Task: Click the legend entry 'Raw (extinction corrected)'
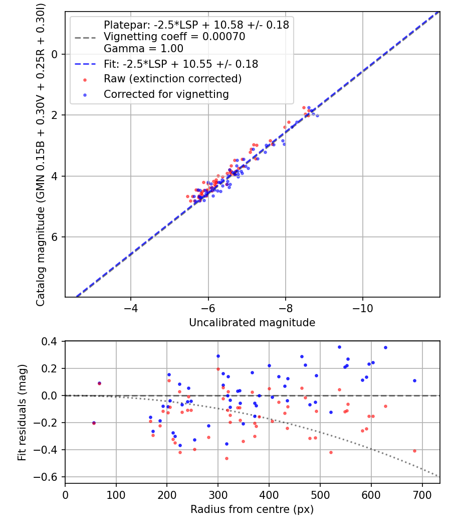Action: [172, 79]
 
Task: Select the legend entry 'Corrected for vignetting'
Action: [166, 94]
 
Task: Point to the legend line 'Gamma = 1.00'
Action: [143, 49]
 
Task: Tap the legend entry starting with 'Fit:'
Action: [181, 64]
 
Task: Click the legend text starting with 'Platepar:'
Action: [196, 25]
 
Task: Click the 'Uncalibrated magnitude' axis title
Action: [252, 323]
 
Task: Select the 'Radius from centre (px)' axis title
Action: [252, 509]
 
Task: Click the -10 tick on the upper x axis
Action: [363, 307]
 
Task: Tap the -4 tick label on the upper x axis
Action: [131, 307]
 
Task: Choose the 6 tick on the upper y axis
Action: [56, 237]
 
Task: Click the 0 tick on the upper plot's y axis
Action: [56, 54]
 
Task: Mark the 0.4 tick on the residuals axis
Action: [53, 342]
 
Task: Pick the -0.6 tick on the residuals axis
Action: [50, 477]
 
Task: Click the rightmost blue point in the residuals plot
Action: [414, 380]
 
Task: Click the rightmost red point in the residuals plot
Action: [414, 451]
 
